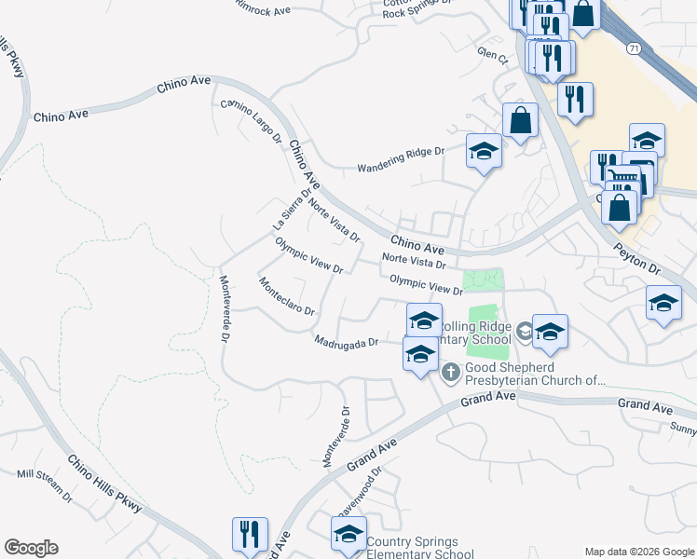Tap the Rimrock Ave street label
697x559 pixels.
tap(264, 7)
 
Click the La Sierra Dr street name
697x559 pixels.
tap(290, 209)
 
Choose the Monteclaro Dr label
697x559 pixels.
tap(286, 296)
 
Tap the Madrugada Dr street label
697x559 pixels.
tap(346, 342)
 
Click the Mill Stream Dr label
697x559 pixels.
tap(44, 484)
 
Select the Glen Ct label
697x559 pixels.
tap(491, 56)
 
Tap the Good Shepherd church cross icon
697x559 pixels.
tap(451, 374)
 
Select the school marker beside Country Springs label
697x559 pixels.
tap(349, 534)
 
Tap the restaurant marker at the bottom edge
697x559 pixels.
tap(250, 535)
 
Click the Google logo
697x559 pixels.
tap(31, 548)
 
